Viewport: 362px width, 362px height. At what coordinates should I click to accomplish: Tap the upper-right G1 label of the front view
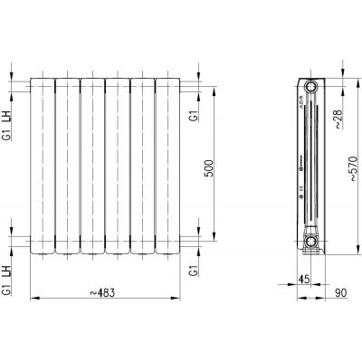pos(192,116)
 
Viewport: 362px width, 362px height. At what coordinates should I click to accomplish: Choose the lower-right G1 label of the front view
pos(192,270)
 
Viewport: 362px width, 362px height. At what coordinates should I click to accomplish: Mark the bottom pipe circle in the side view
pos(311,242)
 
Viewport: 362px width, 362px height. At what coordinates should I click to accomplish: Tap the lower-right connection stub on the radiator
pos(185,242)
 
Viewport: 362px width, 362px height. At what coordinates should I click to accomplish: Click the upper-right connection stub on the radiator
pos(185,88)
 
